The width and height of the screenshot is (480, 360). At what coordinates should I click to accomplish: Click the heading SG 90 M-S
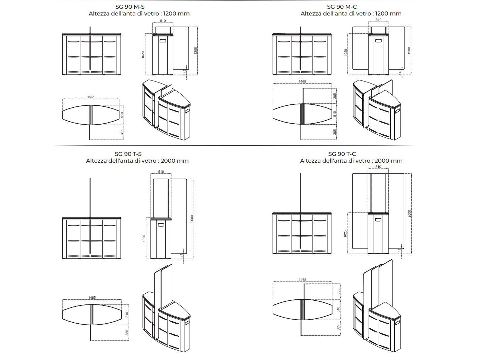pyautogui.click(x=130, y=7)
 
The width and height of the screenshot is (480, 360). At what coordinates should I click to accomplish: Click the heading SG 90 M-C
pyautogui.click(x=342, y=7)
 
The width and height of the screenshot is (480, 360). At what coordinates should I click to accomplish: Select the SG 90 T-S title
pyautogui.click(x=128, y=154)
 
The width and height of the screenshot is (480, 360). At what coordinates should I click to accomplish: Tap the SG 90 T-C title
pyautogui.click(x=342, y=154)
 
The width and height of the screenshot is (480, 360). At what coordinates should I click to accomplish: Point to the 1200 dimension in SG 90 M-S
pyautogui.click(x=196, y=51)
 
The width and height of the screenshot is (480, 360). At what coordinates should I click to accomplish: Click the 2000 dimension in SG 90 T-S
pyautogui.click(x=192, y=219)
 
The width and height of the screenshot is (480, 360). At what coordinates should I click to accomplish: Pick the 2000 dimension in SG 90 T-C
pyautogui.click(x=409, y=214)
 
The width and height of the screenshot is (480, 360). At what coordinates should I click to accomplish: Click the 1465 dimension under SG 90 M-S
pyautogui.click(x=91, y=97)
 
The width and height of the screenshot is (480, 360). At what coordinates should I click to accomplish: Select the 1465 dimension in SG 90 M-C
pyautogui.click(x=302, y=81)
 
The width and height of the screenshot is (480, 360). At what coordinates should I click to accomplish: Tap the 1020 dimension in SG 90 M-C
pyautogui.click(x=345, y=52)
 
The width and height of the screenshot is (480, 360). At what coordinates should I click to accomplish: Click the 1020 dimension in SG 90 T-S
pyautogui.click(x=144, y=238)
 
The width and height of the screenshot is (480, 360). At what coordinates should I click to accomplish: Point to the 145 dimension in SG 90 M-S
pyautogui.click(x=184, y=72)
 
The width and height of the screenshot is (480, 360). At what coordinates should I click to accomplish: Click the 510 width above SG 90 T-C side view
pyautogui.click(x=378, y=167)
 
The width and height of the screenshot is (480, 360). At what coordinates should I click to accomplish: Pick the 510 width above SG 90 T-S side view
pyautogui.click(x=161, y=172)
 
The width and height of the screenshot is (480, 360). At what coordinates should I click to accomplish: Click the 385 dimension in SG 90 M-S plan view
pyautogui.click(x=122, y=132)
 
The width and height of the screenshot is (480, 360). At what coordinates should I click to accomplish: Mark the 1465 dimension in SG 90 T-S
pyautogui.click(x=92, y=297)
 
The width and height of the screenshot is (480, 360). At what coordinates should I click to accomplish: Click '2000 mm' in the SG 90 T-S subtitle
pyautogui.click(x=174, y=161)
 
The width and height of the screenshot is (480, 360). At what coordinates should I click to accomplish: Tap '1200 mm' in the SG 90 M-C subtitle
pyautogui.click(x=388, y=13)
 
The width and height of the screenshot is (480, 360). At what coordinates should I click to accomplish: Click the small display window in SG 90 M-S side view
pyautogui.click(x=163, y=41)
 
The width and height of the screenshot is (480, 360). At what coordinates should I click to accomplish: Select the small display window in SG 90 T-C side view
pyautogui.click(x=378, y=220)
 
